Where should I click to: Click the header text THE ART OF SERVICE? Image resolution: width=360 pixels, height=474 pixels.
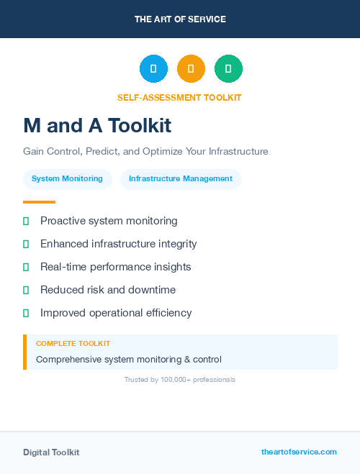point(180,19)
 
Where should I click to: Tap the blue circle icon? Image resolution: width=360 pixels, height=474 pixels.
point(153,69)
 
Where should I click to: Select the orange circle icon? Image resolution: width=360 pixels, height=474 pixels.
point(191,69)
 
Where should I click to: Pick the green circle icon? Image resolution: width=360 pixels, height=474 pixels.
point(228,69)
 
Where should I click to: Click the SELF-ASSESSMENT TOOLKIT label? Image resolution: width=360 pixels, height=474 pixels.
point(179,98)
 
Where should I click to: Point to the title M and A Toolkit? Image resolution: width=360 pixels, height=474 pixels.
point(97,126)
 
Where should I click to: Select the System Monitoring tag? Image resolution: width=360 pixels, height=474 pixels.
point(68,178)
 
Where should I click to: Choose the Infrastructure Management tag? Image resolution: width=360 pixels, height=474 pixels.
point(181,178)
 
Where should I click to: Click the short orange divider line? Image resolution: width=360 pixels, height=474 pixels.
point(39,202)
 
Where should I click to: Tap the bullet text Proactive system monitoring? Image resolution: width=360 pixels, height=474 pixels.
point(109,221)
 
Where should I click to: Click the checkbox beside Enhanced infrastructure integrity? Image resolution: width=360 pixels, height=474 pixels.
point(26,245)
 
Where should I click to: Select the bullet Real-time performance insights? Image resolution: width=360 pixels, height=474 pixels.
point(115,267)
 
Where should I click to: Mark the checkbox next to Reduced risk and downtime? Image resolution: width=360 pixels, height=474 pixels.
point(26,291)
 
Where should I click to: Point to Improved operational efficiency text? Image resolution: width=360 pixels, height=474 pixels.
point(116,313)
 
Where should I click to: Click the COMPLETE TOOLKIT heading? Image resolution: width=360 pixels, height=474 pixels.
point(73,344)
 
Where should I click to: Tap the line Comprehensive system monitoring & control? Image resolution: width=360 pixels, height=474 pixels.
point(129,359)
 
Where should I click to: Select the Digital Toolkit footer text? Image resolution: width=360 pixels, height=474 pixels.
point(51,452)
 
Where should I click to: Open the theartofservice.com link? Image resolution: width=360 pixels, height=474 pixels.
point(299,452)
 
